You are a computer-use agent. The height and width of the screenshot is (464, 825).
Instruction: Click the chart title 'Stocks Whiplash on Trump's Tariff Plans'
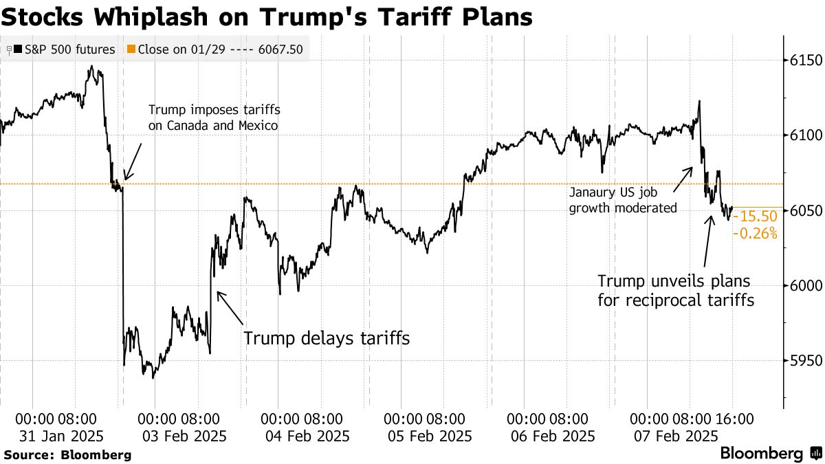[266, 16]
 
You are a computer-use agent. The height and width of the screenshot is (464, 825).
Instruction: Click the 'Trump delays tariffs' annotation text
[327, 338]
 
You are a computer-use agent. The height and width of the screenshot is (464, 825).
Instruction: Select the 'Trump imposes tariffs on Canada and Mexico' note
[214, 118]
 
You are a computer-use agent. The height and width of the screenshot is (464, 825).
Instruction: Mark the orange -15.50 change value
[754, 217]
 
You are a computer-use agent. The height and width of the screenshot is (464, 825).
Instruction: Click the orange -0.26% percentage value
[754, 234]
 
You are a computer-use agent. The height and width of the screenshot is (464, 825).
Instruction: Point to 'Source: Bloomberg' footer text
[67, 454]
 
